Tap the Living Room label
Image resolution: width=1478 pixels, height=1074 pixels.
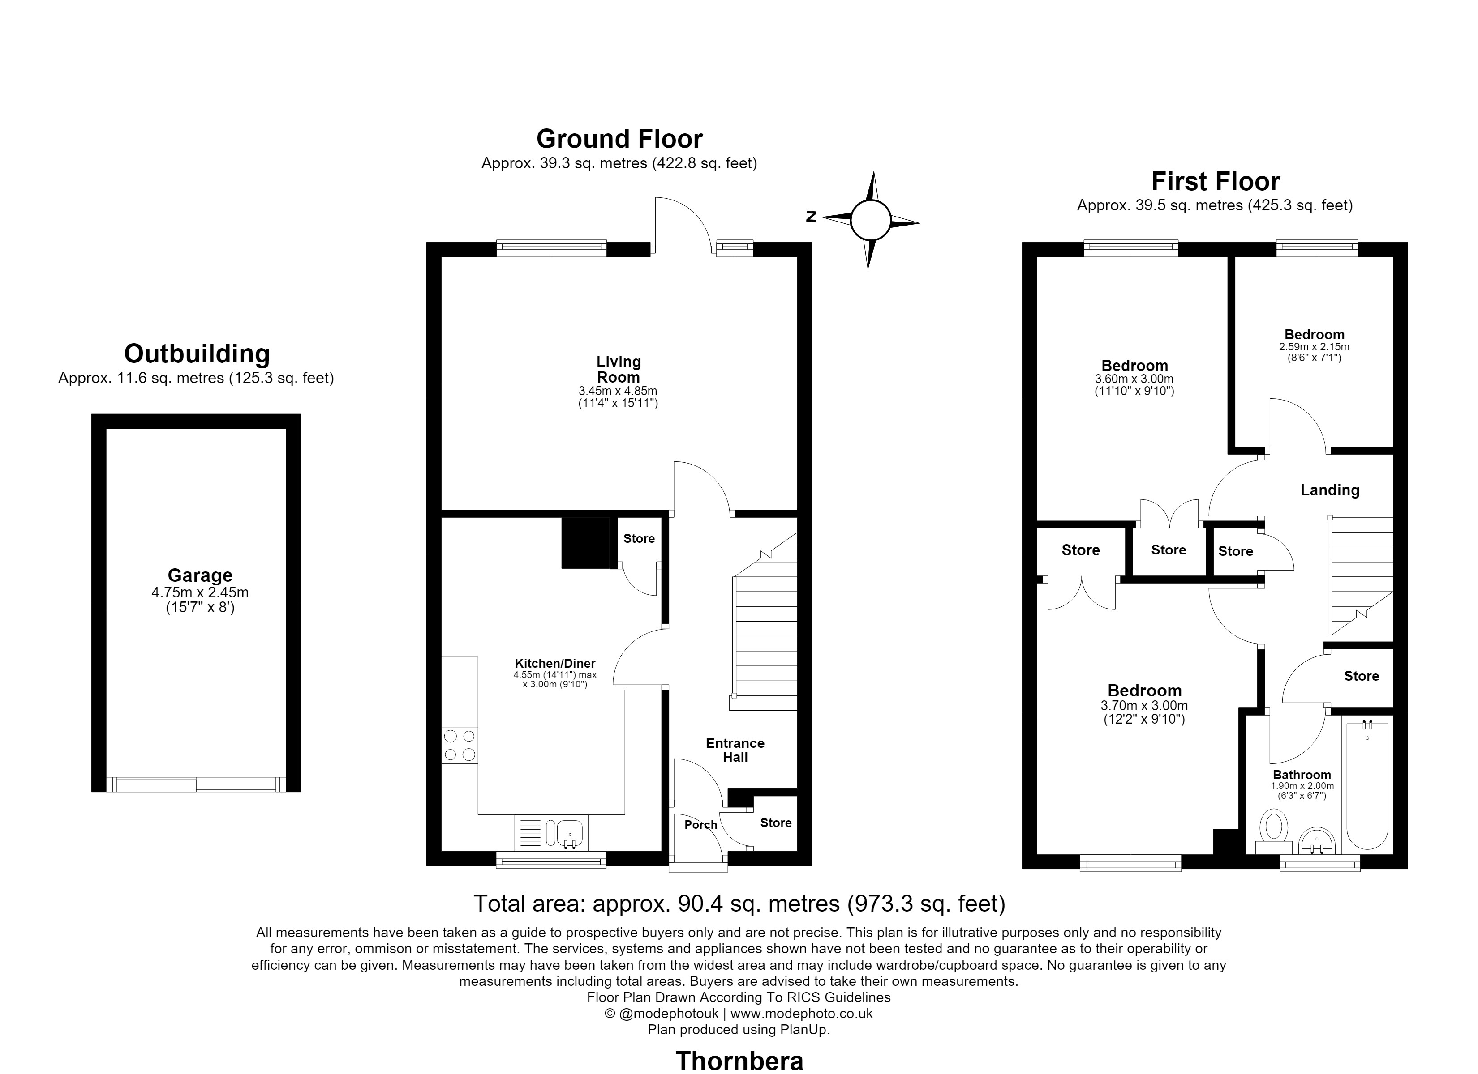point(619,369)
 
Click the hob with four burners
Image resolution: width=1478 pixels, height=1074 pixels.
point(460,746)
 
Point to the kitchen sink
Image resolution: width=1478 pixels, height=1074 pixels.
point(551,833)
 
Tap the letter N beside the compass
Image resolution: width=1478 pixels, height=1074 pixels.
point(812,217)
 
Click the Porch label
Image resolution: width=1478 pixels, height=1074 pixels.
point(700,825)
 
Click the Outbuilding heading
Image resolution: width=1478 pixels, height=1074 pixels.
point(197,354)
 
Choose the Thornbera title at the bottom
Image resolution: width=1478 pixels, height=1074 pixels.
point(739,1061)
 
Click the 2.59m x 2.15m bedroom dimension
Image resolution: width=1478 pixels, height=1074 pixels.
point(1315,347)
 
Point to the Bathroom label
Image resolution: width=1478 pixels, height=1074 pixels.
point(1302,775)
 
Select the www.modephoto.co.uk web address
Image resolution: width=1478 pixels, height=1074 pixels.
point(802,1014)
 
